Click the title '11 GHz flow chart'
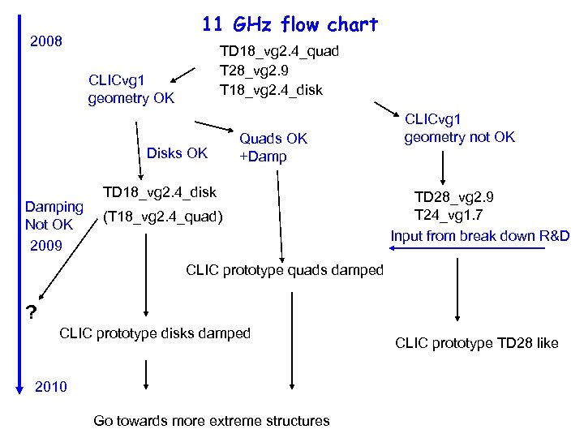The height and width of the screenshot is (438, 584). click(290, 25)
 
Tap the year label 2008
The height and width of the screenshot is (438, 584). click(46, 40)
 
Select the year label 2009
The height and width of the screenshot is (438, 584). click(46, 244)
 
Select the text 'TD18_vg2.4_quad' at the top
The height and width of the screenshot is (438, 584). click(279, 52)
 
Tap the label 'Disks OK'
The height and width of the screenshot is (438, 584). click(177, 152)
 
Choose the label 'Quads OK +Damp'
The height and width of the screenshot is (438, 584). click(273, 148)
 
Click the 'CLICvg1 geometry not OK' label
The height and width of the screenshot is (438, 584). click(459, 128)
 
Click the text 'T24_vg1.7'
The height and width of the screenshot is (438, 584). click(449, 215)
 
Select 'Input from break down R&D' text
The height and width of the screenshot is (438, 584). click(480, 236)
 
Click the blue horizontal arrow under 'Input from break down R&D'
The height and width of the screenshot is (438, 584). click(503, 249)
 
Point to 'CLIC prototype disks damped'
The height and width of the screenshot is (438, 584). click(155, 333)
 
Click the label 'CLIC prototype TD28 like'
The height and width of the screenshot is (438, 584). click(476, 343)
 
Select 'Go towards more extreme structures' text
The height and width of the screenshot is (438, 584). click(211, 420)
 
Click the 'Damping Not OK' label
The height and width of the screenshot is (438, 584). click(54, 215)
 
